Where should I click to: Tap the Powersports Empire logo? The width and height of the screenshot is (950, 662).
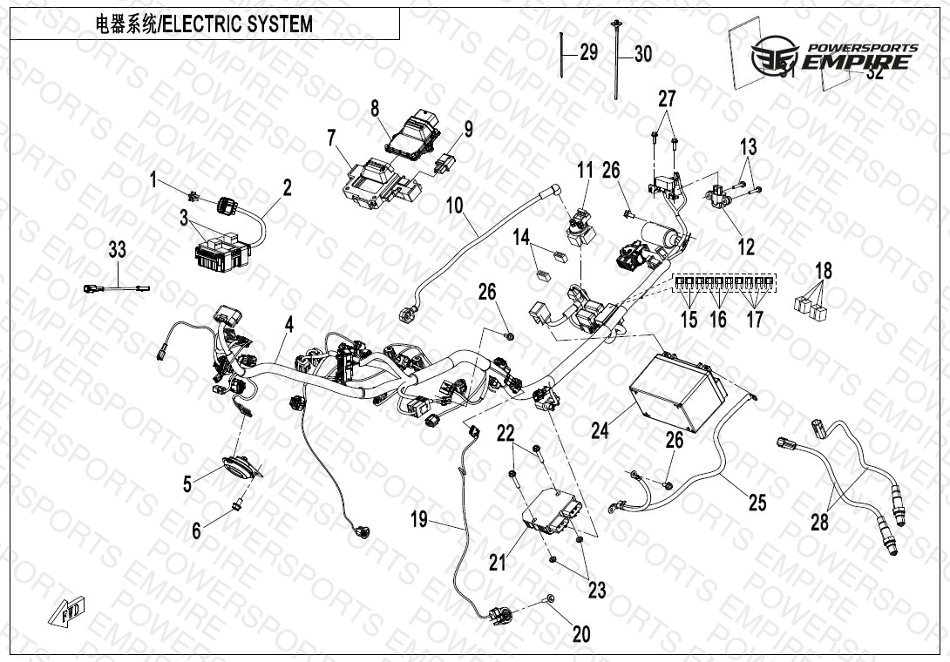click(x=835, y=57)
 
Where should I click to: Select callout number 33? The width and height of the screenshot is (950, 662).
click(x=117, y=251)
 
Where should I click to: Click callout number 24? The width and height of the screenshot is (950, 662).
click(x=600, y=429)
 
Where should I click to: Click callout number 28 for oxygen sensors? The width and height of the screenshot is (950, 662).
click(x=819, y=523)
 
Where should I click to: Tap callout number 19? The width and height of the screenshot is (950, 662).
click(x=419, y=520)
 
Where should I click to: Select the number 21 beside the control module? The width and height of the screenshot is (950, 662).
click(x=498, y=563)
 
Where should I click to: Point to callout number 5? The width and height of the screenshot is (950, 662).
click(x=187, y=483)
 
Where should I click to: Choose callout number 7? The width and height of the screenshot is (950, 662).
click(x=331, y=137)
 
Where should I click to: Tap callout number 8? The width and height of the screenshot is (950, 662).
click(x=375, y=109)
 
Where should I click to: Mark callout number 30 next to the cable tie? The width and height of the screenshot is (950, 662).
click(x=642, y=54)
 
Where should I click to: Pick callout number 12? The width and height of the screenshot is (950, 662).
click(x=746, y=247)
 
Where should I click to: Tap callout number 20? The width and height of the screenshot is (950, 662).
click(x=581, y=634)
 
